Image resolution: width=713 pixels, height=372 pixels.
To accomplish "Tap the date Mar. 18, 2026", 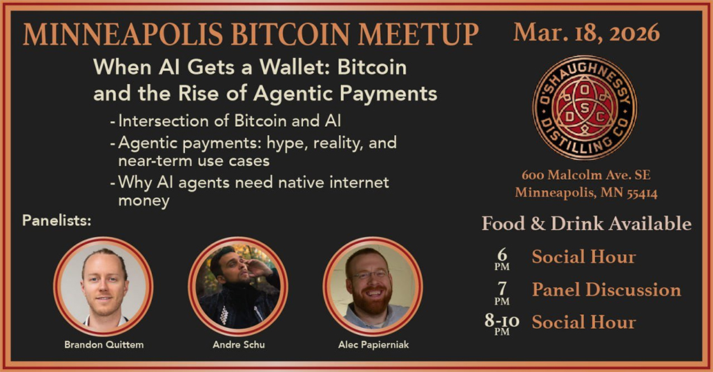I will (586, 32).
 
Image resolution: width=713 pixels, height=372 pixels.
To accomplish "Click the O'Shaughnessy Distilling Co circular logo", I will (585, 107).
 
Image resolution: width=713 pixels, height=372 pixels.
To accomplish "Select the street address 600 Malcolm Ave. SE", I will (586, 176).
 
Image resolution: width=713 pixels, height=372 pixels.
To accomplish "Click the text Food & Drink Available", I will (586, 224).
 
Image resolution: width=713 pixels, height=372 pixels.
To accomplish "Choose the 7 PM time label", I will (502, 290).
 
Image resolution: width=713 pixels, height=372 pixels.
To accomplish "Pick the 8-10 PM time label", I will (502, 323).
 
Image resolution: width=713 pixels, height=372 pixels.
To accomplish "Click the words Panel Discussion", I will (606, 290).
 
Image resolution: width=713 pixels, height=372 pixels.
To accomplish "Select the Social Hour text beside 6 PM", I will (583, 257).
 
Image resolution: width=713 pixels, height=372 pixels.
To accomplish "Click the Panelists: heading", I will (57, 222).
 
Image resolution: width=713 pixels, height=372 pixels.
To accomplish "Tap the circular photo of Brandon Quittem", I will (103, 287).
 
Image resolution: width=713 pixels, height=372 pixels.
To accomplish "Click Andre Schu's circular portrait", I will (237, 287).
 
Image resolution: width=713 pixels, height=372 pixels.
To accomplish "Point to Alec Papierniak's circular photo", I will (373, 287).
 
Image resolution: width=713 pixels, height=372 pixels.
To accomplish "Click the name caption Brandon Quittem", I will (104, 344).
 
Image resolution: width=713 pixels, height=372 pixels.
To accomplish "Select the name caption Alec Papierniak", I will (373, 344).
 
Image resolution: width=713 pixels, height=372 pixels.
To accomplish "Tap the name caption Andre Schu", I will (237, 344).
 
